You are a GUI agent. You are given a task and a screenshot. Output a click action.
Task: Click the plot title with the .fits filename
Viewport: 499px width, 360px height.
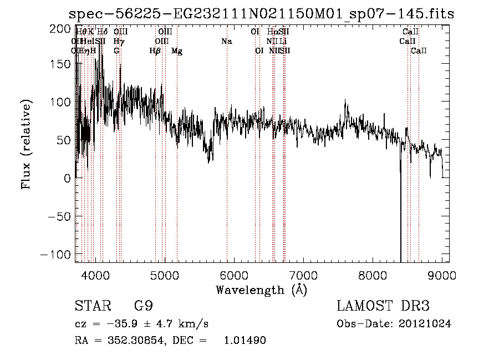pyautogui.click(x=261, y=14)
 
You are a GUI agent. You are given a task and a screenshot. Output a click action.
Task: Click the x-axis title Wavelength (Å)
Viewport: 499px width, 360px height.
pyautogui.click(x=261, y=290)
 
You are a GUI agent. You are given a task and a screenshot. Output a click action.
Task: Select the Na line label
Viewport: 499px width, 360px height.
pyautogui.click(x=226, y=41)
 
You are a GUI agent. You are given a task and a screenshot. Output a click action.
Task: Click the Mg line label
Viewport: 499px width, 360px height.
pyautogui.click(x=177, y=51)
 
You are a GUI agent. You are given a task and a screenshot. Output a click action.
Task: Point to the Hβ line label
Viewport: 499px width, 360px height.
pyautogui.click(x=155, y=51)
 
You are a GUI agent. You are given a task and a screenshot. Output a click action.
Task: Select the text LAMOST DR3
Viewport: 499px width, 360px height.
pyautogui.click(x=383, y=306)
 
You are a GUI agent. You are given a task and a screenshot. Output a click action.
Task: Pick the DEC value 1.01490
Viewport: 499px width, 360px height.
pyautogui.click(x=244, y=341)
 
